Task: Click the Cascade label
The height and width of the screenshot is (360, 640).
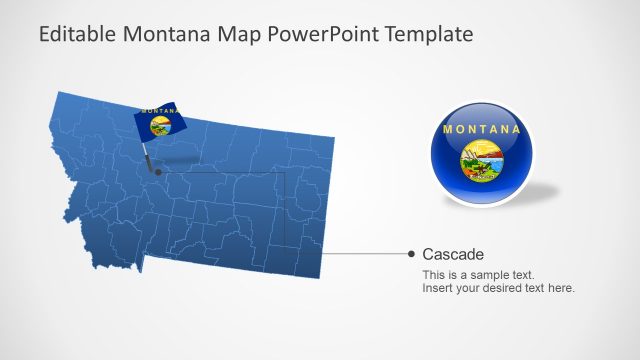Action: (x=453, y=254)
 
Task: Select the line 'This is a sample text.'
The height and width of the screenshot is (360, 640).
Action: (x=478, y=275)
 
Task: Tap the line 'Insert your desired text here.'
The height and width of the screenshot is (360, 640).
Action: (x=498, y=289)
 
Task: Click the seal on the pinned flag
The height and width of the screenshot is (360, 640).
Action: (x=160, y=125)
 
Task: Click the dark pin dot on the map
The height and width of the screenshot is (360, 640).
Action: (x=156, y=171)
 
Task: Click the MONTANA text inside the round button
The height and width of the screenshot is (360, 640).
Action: (x=481, y=130)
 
